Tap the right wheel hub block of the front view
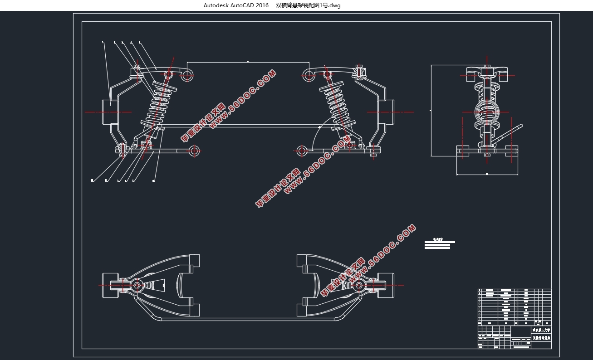click(x=388, y=112)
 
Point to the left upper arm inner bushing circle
click(x=186, y=75)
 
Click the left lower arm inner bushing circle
click(x=195, y=151)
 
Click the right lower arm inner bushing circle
click(x=301, y=151)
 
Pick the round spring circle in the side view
click(x=486, y=112)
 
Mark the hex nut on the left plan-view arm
click(x=137, y=285)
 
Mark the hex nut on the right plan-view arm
click(x=359, y=285)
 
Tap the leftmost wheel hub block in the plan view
click(x=110, y=285)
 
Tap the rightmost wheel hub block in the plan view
click(x=385, y=285)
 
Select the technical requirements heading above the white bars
click(x=437, y=238)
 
